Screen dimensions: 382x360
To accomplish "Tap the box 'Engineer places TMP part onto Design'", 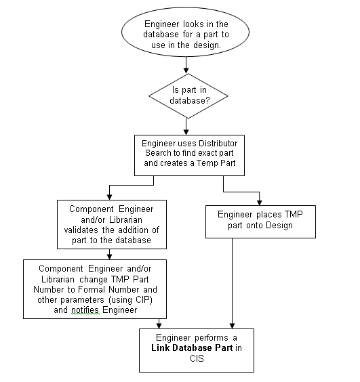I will (260, 220).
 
